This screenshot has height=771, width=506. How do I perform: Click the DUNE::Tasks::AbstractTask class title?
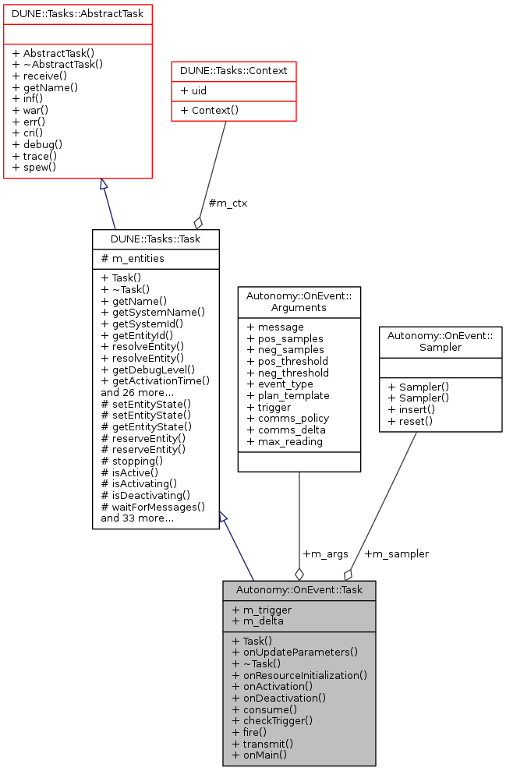click(76, 13)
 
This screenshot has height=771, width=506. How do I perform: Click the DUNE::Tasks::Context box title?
click(233, 71)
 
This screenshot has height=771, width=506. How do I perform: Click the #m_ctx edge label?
click(228, 203)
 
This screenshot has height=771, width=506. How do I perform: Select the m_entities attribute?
click(133, 259)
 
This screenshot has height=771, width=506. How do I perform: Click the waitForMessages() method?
click(153, 506)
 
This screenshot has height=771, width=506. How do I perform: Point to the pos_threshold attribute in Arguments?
click(287, 361)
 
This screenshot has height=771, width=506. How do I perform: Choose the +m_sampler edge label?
click(396, 553)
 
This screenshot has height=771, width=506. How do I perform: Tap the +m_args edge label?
click(325, 553)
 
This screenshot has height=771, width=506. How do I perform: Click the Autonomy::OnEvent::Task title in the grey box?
click(299, 590)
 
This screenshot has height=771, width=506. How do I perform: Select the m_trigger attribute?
click(262, 610)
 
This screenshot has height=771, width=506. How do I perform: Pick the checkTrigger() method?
click(272, 720)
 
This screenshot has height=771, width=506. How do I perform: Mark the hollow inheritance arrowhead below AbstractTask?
click(103, 184)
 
